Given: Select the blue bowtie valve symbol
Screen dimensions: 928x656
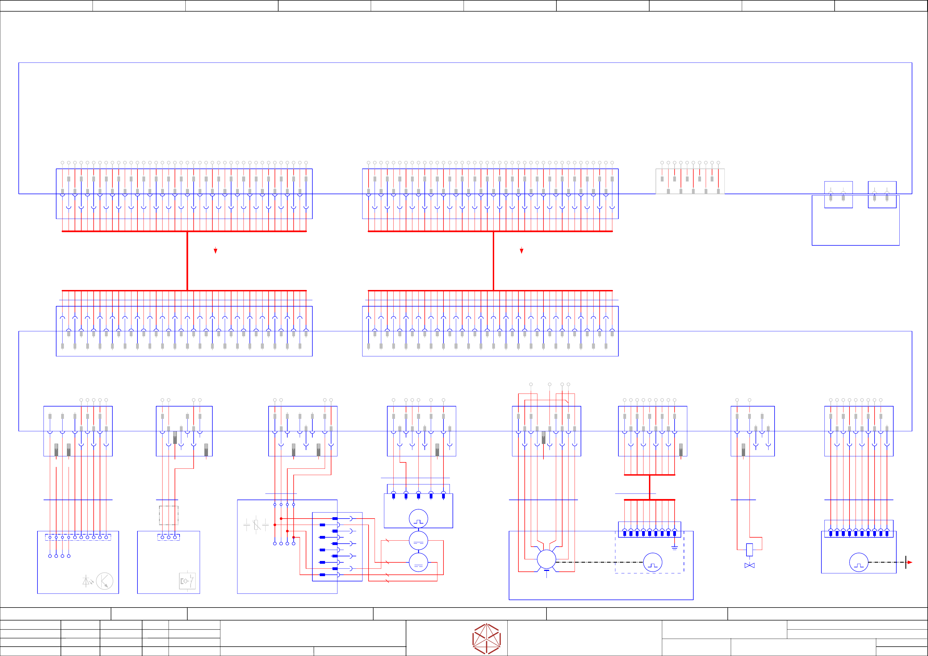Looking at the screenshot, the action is click(749, 565).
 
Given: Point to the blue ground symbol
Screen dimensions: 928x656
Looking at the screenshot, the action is click(674, 548).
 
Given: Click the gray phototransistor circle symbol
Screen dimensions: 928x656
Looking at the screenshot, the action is click(105, 581).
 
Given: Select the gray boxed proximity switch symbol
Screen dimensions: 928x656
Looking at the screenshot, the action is click(187, 581).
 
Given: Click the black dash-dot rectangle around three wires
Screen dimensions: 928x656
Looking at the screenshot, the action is click(169, 515).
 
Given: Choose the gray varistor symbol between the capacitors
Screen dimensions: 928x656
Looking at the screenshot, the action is click(256, 525).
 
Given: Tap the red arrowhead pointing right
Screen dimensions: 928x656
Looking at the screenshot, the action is click(910, 562).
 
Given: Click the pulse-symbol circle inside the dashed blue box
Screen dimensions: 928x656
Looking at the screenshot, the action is click(652, 562).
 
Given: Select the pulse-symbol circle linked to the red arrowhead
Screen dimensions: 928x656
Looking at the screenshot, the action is click(859, 562).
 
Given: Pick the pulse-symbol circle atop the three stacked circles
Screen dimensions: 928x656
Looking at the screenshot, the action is click(418, 519).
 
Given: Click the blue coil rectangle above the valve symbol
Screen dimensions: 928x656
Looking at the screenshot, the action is click(749, 550).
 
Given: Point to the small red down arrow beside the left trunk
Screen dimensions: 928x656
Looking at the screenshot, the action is click(215, 251).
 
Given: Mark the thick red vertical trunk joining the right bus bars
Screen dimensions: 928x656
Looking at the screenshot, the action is click(493, 261).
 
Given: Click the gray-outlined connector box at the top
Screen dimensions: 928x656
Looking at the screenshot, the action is click(690, 181).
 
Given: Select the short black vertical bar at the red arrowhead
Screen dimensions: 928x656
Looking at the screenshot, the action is click(906, 562).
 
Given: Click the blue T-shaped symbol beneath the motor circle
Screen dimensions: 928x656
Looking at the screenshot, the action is click(546, 572).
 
